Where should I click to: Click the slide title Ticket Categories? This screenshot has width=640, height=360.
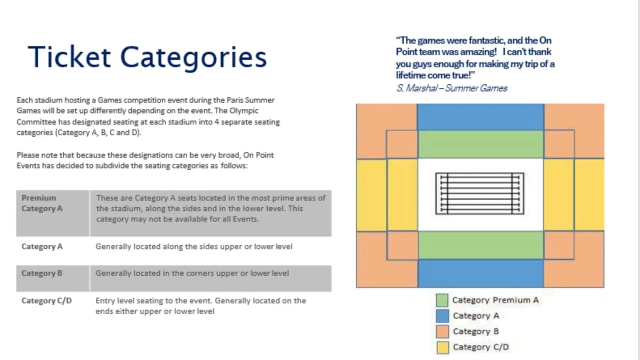coord(147,57)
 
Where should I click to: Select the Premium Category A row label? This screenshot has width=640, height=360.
coord(42,203)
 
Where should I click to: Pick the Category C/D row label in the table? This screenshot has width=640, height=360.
coord(46,300)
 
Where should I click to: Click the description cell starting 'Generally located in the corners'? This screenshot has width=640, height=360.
coord(192,273)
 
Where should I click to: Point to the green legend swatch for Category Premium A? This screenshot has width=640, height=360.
coord(442,300)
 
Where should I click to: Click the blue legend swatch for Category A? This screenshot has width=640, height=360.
coord(442,315)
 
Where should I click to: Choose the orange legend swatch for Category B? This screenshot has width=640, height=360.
coord(442,331)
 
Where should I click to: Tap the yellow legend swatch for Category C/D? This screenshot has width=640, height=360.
coord(442,347)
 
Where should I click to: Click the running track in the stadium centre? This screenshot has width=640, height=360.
coord(479,193)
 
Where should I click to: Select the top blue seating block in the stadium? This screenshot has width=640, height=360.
coord(480,116)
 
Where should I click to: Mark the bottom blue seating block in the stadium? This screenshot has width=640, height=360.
coord(480,273)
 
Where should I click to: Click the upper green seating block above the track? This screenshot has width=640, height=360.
coord(480,144)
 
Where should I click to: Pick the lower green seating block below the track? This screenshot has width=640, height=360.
coord(480,245)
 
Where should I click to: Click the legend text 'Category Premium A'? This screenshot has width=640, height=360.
coord(495,300)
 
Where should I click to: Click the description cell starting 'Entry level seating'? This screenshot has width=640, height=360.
coord(200,305)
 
